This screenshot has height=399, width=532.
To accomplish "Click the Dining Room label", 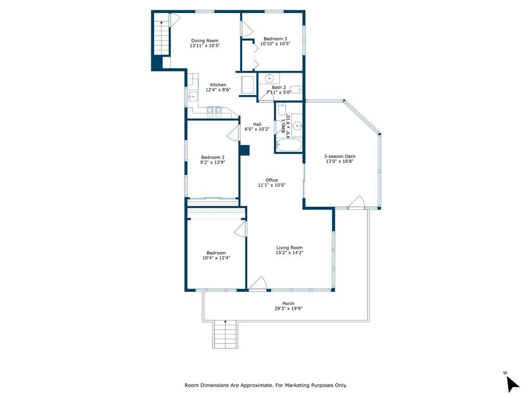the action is point(205,41).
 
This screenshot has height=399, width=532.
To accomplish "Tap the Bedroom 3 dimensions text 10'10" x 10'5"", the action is point(275,44).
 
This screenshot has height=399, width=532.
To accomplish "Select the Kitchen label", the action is point(218,85).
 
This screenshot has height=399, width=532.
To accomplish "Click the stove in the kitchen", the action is point(215,113).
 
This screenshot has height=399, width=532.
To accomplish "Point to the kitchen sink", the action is point(193,96).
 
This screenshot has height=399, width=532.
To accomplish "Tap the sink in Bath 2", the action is point(270,78).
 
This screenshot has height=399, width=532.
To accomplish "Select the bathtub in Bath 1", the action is point(288,145).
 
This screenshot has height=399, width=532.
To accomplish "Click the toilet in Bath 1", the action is point(282,109).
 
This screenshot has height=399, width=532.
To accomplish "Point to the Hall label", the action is point(257,124).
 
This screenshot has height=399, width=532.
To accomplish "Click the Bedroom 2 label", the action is point(212,157).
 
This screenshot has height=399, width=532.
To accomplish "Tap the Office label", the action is point(271,180).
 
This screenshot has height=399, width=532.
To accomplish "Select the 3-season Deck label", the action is point(340,156).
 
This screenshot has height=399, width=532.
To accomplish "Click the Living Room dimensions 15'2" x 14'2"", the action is point(289,253).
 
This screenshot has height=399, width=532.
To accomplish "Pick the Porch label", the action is point(288,303).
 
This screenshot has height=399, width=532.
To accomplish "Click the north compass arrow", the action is point(512,384).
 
